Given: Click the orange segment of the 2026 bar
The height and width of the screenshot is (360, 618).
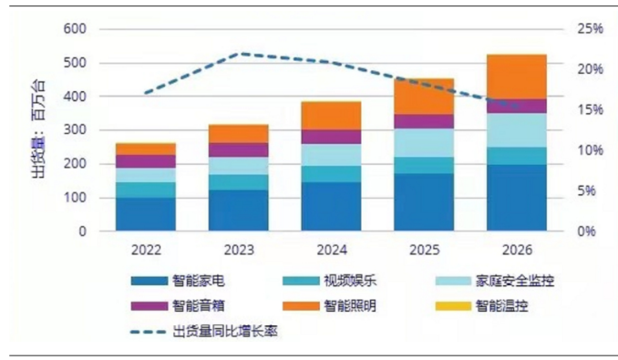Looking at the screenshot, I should [516, 77].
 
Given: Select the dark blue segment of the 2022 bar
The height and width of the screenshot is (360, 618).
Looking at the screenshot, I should [145, 214].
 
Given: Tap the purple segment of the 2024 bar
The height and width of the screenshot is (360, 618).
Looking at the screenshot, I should [331, 137].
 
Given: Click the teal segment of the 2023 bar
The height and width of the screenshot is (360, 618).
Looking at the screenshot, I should [238, 181].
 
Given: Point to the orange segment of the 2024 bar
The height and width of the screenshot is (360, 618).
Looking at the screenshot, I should [331, 115].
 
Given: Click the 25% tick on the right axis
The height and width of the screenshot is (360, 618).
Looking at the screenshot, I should [590, 29].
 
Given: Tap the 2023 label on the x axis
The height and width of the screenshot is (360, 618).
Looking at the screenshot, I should [238, 248].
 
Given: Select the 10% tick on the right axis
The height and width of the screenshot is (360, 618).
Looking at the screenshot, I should [590, 150].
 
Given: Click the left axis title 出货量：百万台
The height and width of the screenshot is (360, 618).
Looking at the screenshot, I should [38, 130].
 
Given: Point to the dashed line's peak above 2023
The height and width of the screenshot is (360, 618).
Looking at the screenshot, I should [238, 54].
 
